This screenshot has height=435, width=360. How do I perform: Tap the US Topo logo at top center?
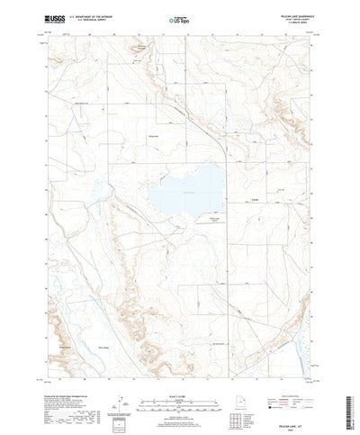(179, 17)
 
